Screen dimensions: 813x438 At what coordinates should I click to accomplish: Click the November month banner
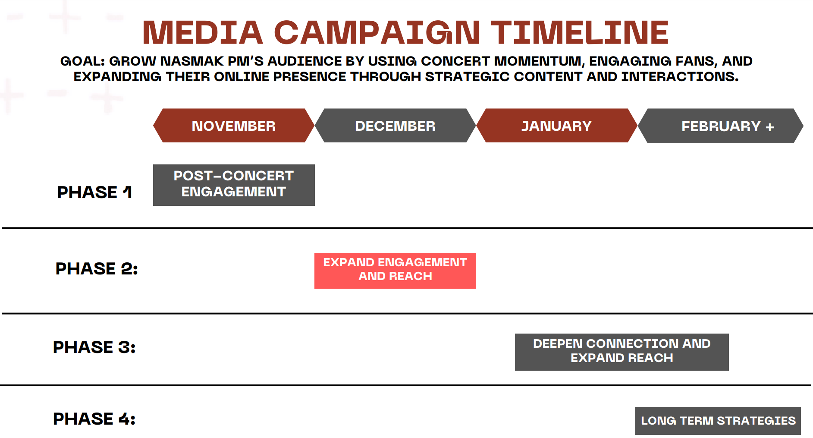[x=234, y=126]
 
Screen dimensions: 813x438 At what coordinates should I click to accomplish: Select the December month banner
[x=395, y=126]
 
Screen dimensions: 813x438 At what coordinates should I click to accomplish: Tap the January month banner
[x=557, y=126]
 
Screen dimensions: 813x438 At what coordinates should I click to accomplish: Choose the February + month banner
[x=721, y=126]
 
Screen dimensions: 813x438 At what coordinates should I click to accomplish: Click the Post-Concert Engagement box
[x=234, y=185]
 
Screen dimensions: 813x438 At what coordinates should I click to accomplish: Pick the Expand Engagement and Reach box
[x=395, y=271]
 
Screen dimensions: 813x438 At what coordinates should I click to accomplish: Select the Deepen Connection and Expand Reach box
[x=622, y=352]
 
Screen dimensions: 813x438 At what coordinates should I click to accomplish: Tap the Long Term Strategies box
[x=718, y=421]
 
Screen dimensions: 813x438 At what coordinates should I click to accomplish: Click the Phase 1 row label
[x=94, y=192]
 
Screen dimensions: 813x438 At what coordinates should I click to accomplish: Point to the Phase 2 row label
[x=97, y=269]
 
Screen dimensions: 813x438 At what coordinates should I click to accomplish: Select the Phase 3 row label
[x=94, y=347]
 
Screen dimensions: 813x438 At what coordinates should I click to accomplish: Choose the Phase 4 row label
[x=94, y=419]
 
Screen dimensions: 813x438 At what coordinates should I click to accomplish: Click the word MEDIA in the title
[x=203, y=32]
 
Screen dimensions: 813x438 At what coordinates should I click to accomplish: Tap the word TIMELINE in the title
[x=580, y=32]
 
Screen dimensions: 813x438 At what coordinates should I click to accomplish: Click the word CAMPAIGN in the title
[x=377, y=32]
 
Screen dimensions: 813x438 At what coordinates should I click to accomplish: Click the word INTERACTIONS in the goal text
[x=680, y=77]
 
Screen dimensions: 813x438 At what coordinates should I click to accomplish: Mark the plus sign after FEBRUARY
[x=770, y=127]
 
